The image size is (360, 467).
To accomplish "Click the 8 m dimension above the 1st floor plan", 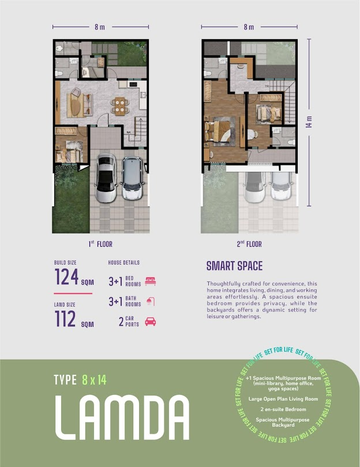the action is (100, 27).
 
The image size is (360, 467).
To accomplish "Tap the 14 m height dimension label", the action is (309, 122).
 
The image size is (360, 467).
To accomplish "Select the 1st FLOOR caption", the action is (100, 244).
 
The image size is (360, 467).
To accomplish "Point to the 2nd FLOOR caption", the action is (249, 244).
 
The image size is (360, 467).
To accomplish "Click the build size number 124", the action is (66, 277).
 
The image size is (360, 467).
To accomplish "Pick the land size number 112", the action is (65, 319).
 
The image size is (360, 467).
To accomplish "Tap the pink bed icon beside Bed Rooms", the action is (151, 281).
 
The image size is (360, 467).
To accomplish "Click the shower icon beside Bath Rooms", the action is (151, 302).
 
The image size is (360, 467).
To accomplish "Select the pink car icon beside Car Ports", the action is (150, 322).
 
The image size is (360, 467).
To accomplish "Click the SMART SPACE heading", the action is (235, 266).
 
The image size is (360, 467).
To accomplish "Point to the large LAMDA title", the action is (122, 417).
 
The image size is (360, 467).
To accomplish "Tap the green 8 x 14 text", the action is (94, 380).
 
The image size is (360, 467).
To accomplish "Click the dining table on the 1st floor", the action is (120, 106).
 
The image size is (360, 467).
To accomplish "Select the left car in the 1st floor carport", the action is (106, 178).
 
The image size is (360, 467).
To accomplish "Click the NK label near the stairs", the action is (129, 132).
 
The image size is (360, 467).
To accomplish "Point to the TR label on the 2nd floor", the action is (267, 86).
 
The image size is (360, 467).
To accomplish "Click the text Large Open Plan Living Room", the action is (283, 399).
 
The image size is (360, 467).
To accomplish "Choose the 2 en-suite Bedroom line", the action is (283, 409).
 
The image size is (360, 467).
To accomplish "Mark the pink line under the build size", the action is (73, 293).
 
